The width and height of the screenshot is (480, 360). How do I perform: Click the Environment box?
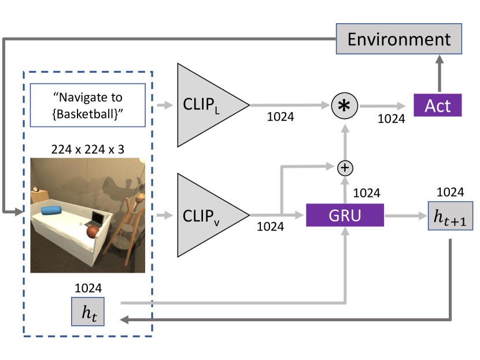399,39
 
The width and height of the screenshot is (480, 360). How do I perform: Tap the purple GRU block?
345,216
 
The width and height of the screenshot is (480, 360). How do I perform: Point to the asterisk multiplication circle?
345,105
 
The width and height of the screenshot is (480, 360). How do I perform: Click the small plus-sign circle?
345,168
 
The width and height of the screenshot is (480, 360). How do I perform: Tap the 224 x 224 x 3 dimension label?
87,149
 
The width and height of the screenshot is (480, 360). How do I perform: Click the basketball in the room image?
93,232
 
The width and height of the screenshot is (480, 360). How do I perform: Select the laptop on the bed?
95,218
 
